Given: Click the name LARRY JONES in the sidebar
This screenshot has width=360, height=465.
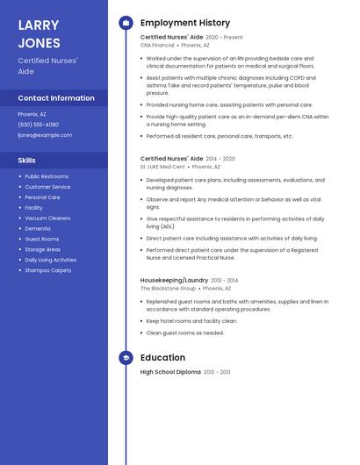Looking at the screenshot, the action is (39, 33).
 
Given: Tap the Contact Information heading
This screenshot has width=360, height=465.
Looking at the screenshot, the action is (56, 98).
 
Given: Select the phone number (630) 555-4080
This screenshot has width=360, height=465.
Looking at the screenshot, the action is (39, 125).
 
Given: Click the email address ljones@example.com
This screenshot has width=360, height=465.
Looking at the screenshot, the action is (45, 135).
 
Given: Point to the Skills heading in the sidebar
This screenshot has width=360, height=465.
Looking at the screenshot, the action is (27, 161).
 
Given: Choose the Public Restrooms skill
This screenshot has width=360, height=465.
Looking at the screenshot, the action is (46, 176).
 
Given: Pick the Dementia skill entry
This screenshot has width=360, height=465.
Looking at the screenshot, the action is (38, 228).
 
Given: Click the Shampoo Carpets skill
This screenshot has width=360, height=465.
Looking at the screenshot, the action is (48, 270).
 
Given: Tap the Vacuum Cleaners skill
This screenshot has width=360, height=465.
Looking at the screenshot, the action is (47, 218).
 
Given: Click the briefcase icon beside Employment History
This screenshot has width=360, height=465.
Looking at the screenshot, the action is (125, 23).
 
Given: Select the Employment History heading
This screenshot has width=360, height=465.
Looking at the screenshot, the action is (185, 23).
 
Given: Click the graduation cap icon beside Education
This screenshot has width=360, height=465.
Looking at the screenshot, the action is (125, 358).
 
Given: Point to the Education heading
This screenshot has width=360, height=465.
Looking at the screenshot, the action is (162, 358).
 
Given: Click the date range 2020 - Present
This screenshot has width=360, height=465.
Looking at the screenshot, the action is (224, 38).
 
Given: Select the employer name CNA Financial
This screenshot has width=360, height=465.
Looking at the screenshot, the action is (157, 45).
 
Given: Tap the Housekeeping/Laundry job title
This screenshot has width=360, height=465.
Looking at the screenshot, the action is (174, 280).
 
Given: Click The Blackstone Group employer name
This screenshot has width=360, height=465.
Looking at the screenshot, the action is (168, 288).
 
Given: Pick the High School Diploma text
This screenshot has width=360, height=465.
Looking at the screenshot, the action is (170, 372).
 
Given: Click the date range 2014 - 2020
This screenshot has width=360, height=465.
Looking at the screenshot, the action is (220, 159).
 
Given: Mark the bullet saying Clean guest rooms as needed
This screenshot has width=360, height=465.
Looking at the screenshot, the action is (185, 333).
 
